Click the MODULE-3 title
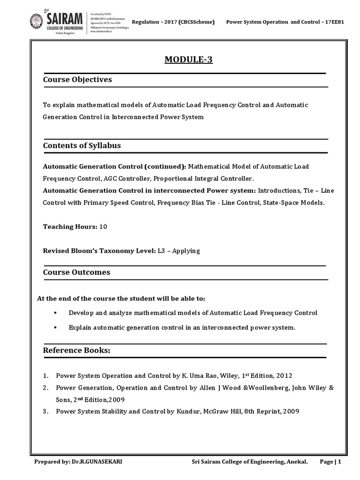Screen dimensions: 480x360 tap(188, 60)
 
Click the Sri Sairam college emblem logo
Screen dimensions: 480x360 tap(36, 21)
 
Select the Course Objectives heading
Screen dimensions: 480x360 tap(77, 80)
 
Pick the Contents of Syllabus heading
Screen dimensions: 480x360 tap(82, 146)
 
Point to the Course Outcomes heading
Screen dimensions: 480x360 tap(76, 272)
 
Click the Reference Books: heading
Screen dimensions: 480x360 tap(76, 351)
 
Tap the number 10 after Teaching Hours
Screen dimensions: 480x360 tap(103, 227)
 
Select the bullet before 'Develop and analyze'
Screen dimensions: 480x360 tap(55, 313)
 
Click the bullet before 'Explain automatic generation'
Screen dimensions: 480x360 tap(55, 328)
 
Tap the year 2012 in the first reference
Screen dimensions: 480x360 tap(285, 376)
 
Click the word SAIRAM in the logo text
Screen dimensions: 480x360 tap(64, 18)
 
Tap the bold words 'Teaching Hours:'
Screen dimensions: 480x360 tap(70, 227)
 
